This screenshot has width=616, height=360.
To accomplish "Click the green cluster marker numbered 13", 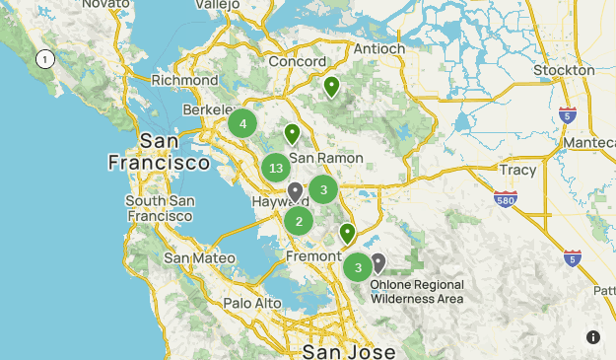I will tap(276, 169).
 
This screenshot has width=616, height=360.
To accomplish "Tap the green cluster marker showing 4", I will tap(242, 124).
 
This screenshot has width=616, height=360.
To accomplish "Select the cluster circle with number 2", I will tap(299, 221).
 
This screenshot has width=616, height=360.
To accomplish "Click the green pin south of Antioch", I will tap(332, 88).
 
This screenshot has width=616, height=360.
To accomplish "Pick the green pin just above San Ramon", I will tap(292, 133).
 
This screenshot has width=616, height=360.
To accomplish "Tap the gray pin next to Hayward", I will tap(295, 191).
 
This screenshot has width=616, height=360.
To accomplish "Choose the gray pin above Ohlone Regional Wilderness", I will tap(377, 262).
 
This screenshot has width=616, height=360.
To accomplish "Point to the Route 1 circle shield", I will tap(44, 60).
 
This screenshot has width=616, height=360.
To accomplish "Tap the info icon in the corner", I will tap(593, 337).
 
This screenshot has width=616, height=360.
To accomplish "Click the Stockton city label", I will tap(564, 71).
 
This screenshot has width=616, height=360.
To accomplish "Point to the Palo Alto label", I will tap(252, 303).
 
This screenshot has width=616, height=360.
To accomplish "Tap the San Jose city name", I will tap(347, 351).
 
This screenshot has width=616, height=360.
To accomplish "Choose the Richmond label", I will tap(185, 81).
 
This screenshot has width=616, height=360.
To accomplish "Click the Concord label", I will tap(297, 62).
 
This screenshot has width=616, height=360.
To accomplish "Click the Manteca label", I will tap(591, 143).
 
